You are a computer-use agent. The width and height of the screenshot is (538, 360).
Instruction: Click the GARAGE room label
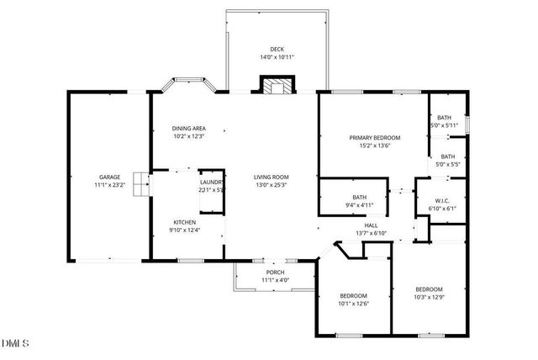110,177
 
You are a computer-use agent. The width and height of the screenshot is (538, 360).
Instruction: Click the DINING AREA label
189,128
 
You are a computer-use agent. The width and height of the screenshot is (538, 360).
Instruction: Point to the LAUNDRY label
211,182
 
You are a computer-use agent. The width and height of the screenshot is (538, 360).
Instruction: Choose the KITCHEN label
185,222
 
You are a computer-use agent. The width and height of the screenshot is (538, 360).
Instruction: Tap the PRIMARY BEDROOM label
375,137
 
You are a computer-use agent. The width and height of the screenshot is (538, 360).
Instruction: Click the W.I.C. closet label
445,201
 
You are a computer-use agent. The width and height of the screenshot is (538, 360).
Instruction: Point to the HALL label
371,225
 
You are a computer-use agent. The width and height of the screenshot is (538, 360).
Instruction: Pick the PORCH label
275,272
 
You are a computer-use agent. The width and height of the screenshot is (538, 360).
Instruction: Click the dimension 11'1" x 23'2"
110,184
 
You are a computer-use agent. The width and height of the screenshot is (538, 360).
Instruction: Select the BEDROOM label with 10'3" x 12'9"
430,289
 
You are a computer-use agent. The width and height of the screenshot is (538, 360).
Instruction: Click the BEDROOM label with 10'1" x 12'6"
353,295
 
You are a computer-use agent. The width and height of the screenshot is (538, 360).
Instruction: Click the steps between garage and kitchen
140,183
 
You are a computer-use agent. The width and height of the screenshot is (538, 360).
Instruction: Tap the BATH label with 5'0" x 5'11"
443,118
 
